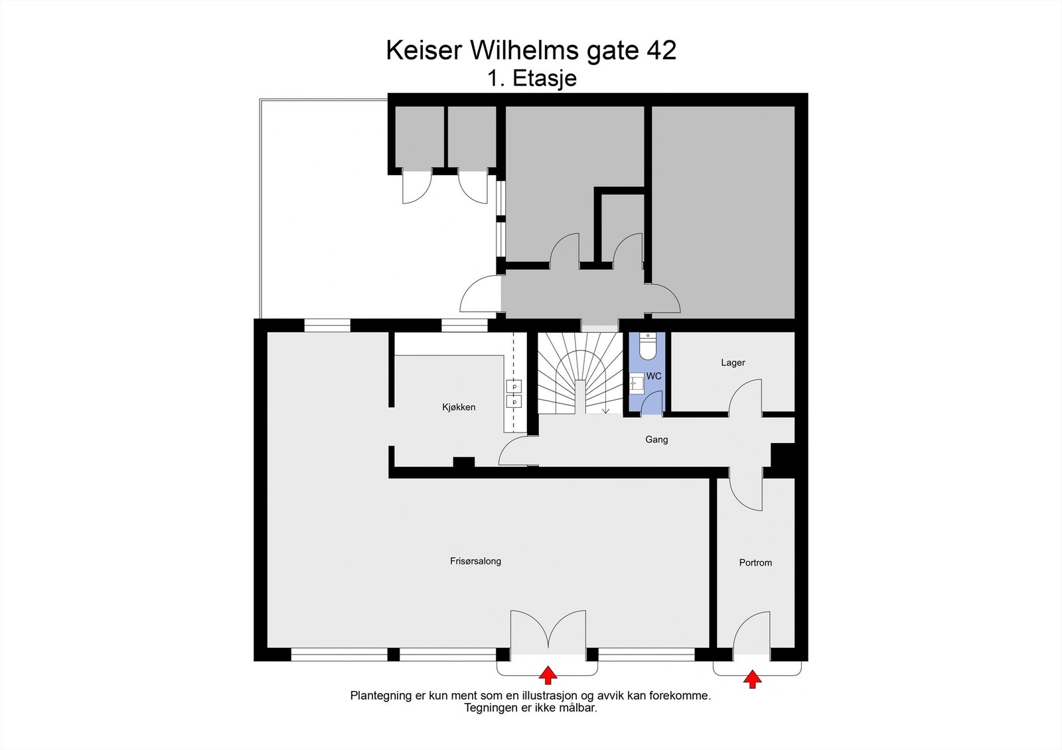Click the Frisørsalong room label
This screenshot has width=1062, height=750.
click(x=475, y=561)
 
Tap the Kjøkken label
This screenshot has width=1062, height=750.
click(x=459, y=407)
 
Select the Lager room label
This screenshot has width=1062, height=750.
click(x=733, y=363)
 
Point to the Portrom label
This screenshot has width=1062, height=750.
click(x=755, y=562)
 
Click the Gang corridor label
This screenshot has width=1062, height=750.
click(x=656, y=440)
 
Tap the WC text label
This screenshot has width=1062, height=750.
click(x=654, y=376)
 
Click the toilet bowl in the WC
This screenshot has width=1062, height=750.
click(x=647, y=346)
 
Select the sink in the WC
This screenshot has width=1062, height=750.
click(x=637, y=382)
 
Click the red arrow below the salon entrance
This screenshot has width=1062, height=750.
click(x=548, y=675)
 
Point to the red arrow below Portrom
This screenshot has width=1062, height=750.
click(x=753, y=679)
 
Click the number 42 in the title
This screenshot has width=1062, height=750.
click(x=660, y=50)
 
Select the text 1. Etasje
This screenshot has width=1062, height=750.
click(x=532, y=79)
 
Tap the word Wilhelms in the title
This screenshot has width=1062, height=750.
click(x=524, y=50)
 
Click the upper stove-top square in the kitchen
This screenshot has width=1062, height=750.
click(x=514, y=387)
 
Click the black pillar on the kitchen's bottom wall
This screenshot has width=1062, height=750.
click(x=464, y=462)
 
